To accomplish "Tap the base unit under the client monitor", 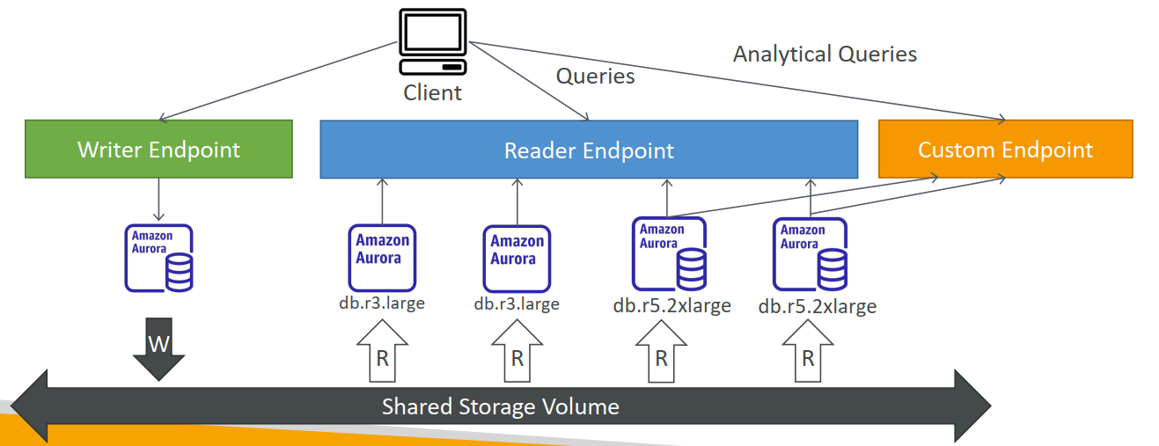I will click(431, 67).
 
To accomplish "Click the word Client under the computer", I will click(432, 92).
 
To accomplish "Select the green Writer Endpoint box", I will click(158, 150).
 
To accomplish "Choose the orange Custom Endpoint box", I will click(1005, 150).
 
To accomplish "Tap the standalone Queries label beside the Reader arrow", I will click(595, 77).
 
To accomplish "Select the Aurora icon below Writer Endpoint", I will click(158, 258).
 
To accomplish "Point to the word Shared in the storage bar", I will click(417, 406).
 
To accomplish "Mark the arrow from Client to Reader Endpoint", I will click(528, 81).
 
